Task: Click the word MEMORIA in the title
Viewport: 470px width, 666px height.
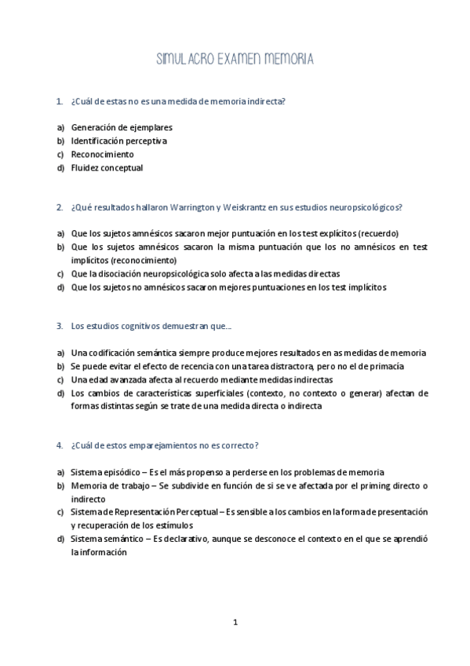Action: coord(288,59)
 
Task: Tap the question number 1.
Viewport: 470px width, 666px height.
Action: coord(59,101)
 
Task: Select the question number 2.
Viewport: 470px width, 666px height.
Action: coord(59,207)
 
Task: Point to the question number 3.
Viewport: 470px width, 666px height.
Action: coord(59,326)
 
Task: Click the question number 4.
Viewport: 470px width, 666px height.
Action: coord(59,445)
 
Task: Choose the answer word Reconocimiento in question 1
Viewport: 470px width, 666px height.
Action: coord(102,155)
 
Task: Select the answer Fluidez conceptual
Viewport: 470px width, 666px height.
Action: coord(107,168)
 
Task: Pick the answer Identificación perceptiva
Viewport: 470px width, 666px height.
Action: coord(118,141)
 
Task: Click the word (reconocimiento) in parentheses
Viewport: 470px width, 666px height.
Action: coord(144,260)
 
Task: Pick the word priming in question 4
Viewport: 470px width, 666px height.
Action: coord(361,485)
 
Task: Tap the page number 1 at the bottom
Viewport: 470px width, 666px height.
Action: coord(235,623)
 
